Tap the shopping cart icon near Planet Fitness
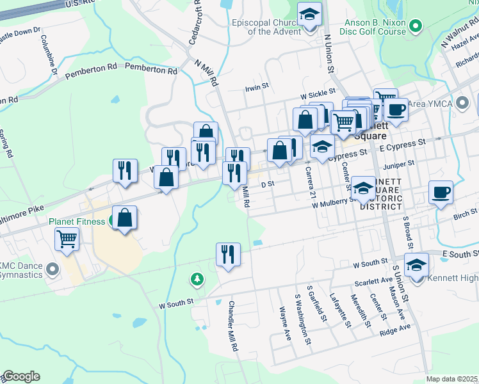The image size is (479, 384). pos(67,240)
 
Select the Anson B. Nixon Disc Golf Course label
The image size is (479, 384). pos(375,26)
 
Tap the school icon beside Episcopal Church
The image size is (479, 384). pos(310,14)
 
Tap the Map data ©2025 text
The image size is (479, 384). pos(451,379)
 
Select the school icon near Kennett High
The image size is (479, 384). pos(417,266)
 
